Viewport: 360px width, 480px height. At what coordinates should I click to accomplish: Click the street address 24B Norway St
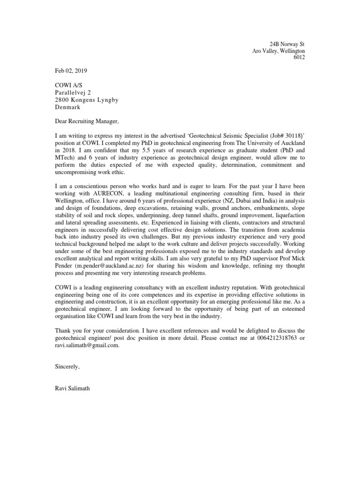285,44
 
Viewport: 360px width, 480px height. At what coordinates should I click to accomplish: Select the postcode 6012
299,58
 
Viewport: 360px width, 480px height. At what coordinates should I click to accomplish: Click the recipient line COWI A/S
67,85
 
